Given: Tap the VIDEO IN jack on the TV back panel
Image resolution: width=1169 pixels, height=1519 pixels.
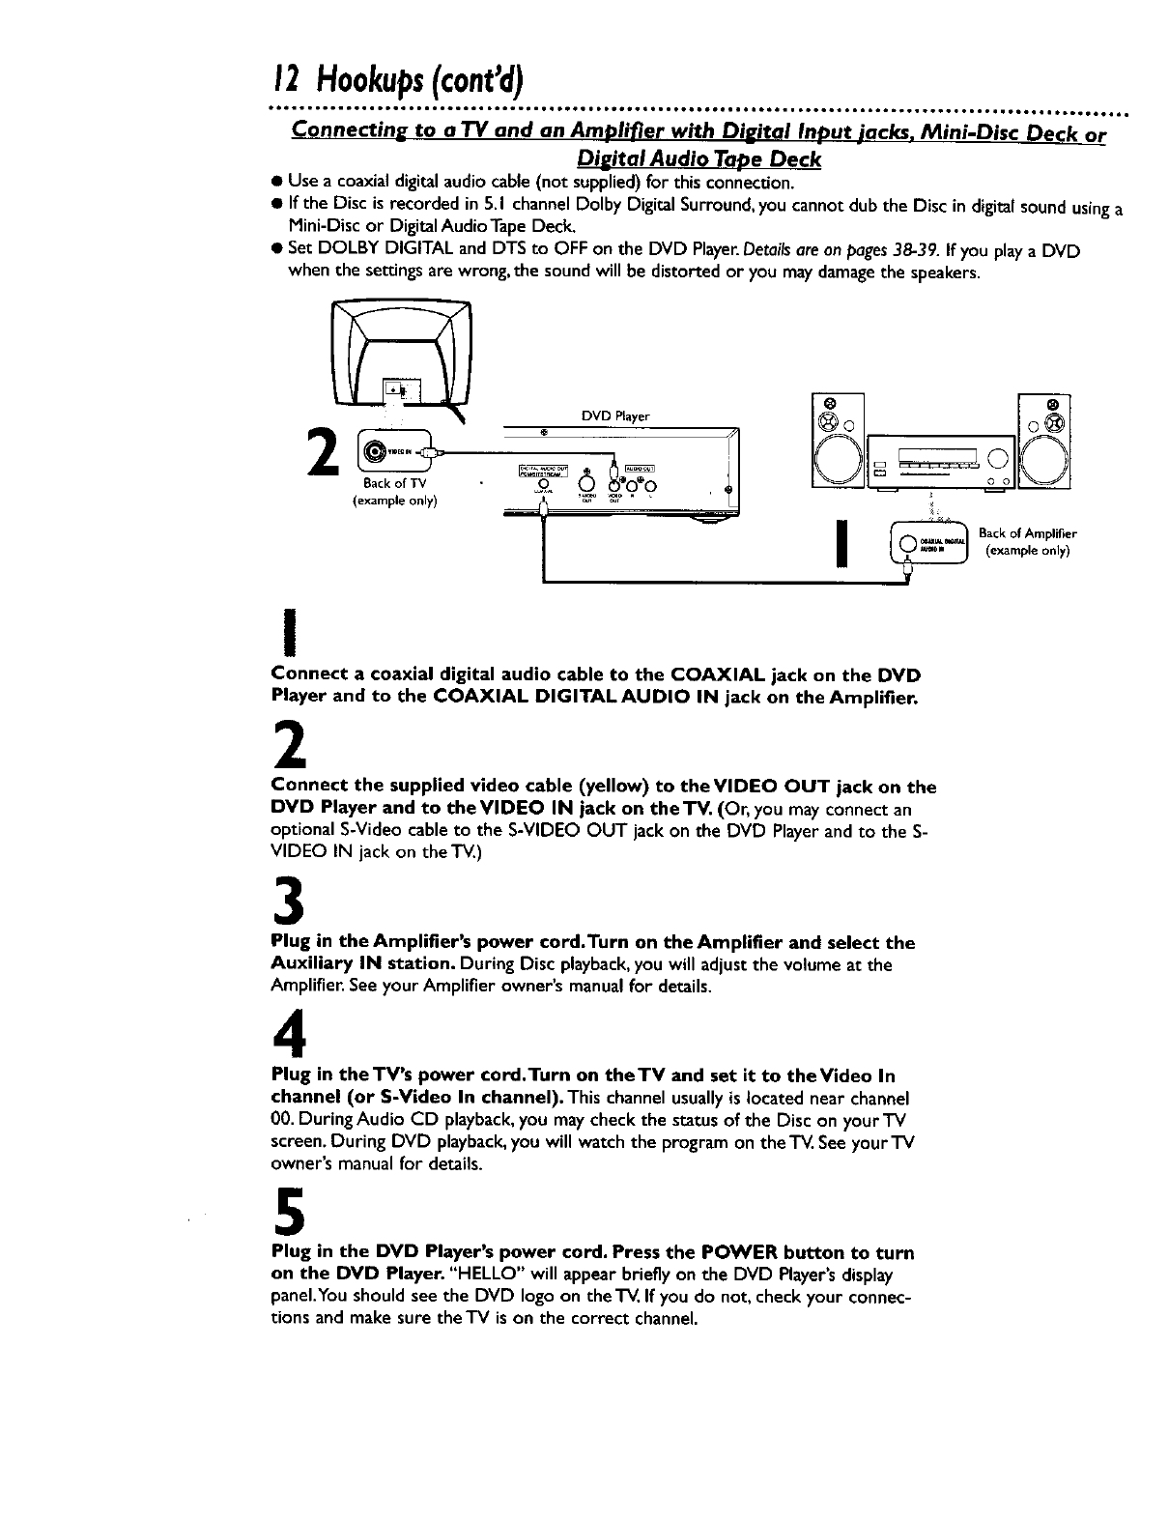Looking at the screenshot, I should (375, 451).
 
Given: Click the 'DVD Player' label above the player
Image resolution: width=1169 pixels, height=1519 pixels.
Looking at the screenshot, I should (615, 416).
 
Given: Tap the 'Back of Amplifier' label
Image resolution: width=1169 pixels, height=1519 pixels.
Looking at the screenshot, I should (1027, 532).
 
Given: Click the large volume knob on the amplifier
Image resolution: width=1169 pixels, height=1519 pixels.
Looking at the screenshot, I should (1000, 457).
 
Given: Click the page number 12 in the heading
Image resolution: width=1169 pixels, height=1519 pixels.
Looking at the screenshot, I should (281, 72).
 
